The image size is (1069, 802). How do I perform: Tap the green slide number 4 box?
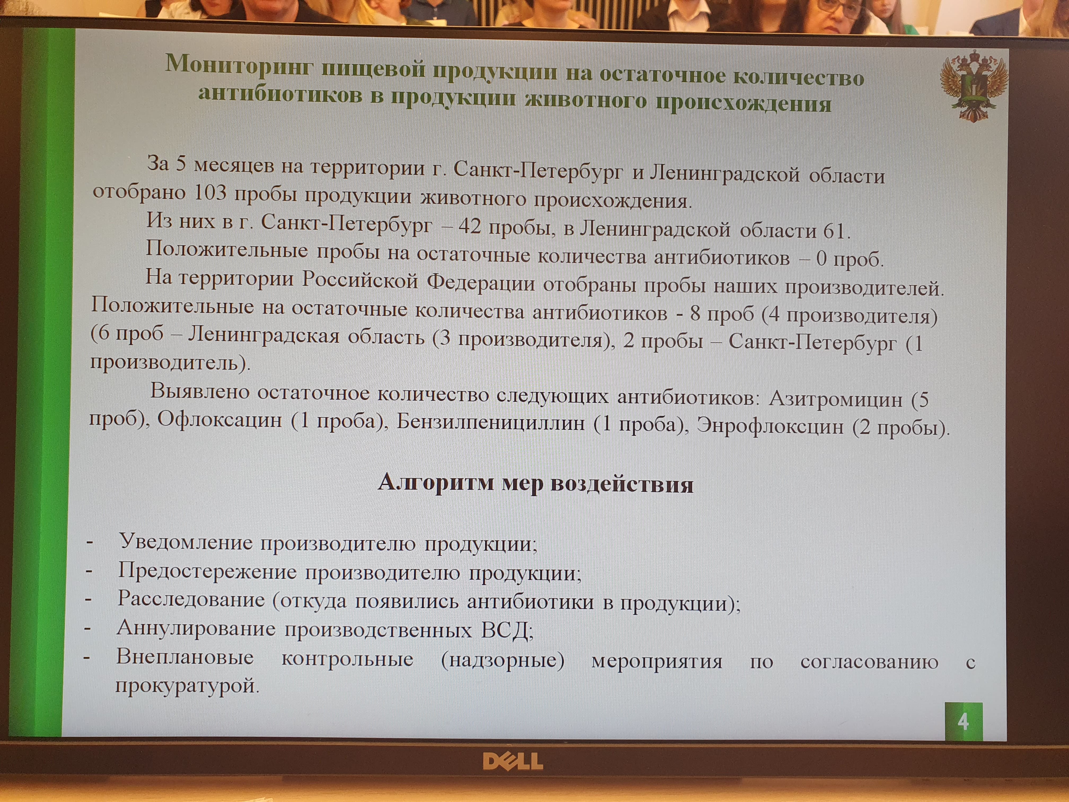click(964, 722)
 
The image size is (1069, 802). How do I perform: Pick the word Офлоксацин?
click(220, 419)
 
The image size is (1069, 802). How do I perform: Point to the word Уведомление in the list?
click(186, 542)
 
